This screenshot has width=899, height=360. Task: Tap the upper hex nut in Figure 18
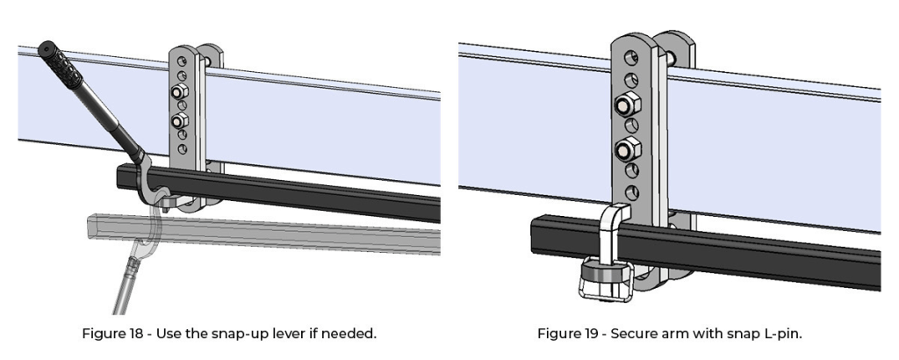179,92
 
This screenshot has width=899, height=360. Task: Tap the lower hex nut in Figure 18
180,119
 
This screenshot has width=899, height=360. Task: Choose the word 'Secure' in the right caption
630,334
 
